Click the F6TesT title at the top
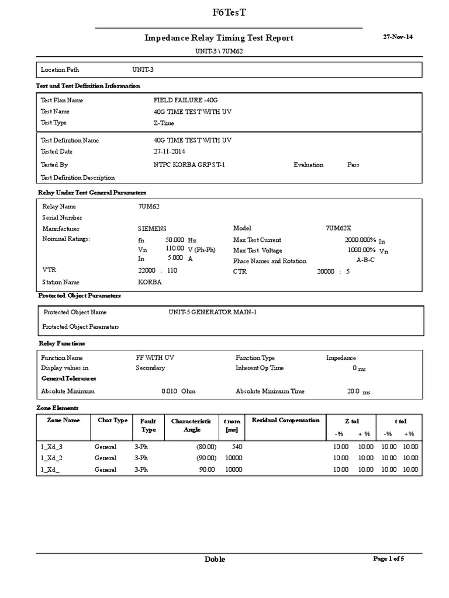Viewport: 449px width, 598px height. click(224, 13)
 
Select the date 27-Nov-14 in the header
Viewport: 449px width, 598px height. click(398, 36)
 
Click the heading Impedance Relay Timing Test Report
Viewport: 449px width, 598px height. click(219, 38)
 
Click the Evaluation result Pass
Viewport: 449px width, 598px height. click(353, 165)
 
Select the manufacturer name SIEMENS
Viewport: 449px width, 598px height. click(152, 229)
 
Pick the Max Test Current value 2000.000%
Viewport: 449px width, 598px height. click(360, 240)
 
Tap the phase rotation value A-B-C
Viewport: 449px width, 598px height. click(365, 260)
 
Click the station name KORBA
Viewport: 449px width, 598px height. click(150, 282)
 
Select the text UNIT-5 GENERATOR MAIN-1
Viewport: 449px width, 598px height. click(213, 312)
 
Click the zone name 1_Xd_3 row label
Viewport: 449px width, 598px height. click(51, 447)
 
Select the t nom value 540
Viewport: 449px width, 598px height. click(238, 447)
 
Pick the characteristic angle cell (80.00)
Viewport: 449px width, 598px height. click(206, 447)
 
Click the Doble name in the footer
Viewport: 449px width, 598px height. click(215, 559)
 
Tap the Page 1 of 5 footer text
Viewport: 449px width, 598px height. click(389, 558)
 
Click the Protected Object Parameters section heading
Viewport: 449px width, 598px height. click(79, 296)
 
